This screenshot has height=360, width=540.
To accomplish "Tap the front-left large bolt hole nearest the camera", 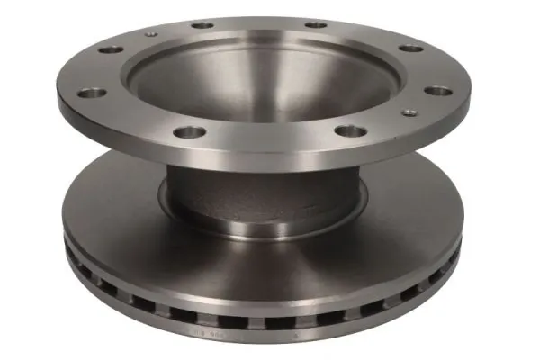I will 190,132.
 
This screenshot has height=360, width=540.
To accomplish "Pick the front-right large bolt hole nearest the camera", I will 351,131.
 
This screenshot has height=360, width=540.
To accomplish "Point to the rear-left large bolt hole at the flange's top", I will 202,25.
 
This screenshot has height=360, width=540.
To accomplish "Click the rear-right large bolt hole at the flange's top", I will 315,24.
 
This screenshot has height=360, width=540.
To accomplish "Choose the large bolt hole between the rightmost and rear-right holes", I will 409,49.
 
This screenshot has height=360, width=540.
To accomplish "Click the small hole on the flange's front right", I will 409,112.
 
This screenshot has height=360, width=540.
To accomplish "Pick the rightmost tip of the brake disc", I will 463,236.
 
